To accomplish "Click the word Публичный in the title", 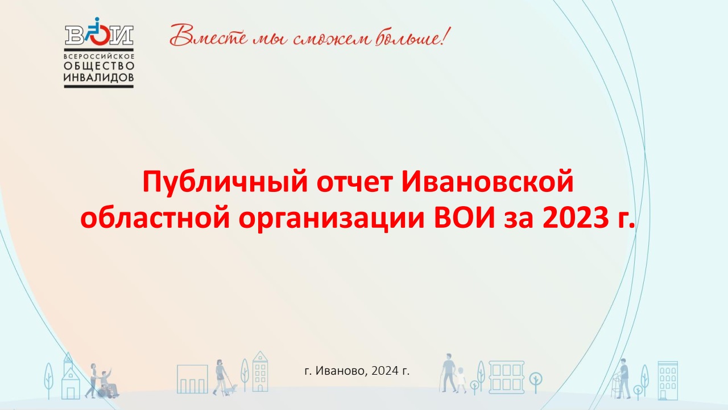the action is (x=225, y=182).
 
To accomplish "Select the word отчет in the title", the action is (x=354, y=182).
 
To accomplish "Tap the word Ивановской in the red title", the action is (x=488, y=182).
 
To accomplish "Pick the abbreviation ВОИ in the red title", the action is (x=465, y=218).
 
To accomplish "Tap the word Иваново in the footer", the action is (x=341, y=371).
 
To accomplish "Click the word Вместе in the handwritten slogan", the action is (x=208, y=35).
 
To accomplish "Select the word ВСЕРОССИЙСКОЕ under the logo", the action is (x=99, y=56).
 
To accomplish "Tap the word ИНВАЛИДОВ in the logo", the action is (x=99, y=77).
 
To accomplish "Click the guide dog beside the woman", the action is (x=232, y=389).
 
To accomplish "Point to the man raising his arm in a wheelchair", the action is (x=108, y=383).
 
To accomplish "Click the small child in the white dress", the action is (x=461, y=380).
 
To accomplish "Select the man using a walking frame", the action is (x=622, y=379).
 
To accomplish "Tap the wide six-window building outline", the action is (x=506, y=377).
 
